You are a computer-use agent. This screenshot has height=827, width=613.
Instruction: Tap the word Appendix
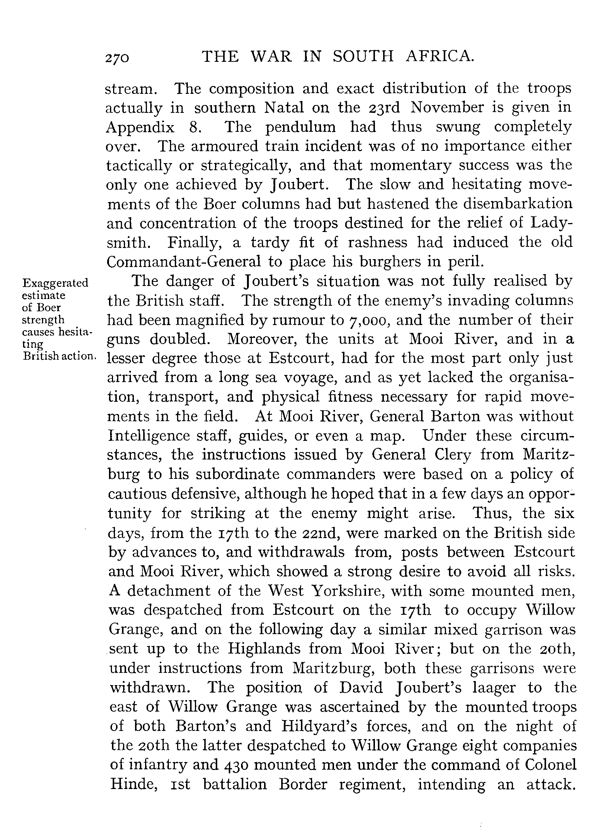(140, 128)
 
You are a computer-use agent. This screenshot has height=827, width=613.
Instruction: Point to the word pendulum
(300, 128)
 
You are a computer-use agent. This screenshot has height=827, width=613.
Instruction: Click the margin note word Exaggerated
(55, 283)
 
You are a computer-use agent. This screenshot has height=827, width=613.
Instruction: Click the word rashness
(377, 243)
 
